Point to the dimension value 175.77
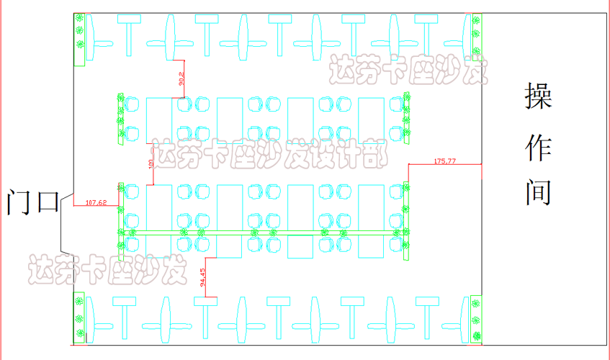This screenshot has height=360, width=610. [445, 161]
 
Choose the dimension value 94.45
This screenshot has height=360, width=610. [202, 277]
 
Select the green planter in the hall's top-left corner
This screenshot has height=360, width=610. [79, 38]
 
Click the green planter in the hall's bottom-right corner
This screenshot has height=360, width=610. [475, 318]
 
